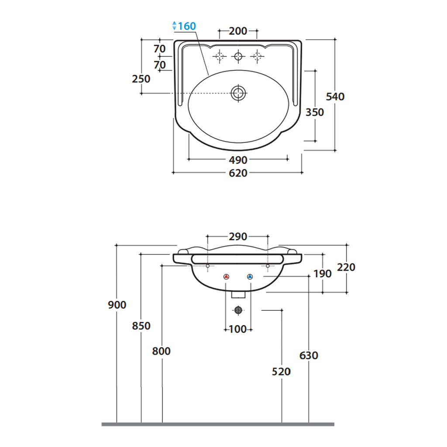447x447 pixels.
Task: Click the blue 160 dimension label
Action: pos(187,26)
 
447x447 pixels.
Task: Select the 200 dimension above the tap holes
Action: pos(238,31)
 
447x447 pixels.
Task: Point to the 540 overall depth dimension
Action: pos(335,96)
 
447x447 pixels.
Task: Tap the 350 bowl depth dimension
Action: pos(315,112)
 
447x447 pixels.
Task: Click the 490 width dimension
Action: pos(238,160)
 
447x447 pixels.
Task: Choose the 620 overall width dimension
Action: pos(238,173)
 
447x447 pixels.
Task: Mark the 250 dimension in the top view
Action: pos(141,79)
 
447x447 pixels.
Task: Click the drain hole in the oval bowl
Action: pos(238,93)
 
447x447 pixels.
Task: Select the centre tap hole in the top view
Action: pos(238,56)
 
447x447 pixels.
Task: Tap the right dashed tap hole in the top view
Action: pos(258,56)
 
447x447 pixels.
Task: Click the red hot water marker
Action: pos(226,277)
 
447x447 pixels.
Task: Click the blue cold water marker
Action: pos(250,277)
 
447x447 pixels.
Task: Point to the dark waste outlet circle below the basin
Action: pos(238,310)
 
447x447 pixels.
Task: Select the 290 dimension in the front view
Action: pos(238,237)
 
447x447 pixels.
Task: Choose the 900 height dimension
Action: pos(117,305)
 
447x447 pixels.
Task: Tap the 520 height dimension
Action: pos(281,371)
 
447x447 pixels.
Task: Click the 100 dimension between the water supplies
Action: pos(238,329)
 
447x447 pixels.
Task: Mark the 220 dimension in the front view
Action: pos(346,267)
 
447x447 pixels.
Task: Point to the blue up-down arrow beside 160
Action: pos(174,26)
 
